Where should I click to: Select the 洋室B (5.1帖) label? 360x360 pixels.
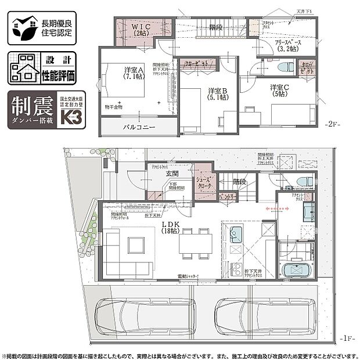[218, 94]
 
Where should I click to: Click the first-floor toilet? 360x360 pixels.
[304, 182]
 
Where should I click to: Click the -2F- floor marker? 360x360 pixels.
[333, 124]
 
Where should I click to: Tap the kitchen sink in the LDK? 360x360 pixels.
[237, 236]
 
